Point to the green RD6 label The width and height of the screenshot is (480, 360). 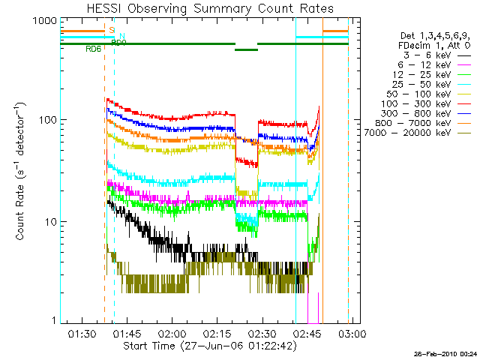pos(94,49)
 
